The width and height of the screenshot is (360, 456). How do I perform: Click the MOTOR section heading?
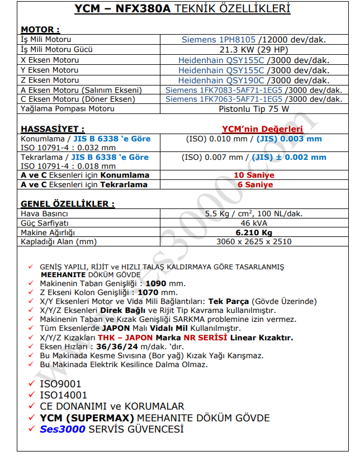(x=40, y=30)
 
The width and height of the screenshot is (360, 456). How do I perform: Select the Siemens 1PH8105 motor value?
(x=219, y=40)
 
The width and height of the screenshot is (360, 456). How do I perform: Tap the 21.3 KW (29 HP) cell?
(x=254, y=50)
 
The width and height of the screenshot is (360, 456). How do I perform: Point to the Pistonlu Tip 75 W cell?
(x=254, y=109)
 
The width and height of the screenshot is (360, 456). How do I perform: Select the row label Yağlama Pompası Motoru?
(x=68, y=109)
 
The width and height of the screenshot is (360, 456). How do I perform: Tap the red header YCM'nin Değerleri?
(x=254, y=129)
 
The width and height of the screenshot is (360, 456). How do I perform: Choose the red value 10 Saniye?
(x=254, y=175)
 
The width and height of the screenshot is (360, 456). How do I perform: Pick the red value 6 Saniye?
(x=254, y=184)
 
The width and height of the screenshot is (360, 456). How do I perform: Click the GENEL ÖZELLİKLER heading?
(x=68, y=204)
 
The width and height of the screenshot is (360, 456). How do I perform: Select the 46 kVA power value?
(x=254, y=222)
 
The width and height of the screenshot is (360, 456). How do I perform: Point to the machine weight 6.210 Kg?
(x=254, y=232)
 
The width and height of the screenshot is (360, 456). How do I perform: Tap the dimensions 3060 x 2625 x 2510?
(x=254, y=242)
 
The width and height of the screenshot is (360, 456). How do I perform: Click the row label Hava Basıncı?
(x=44, y=213)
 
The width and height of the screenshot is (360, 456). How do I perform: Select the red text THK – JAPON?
(x=122, y=338)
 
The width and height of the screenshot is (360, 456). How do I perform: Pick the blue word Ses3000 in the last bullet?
(x=63, y=429)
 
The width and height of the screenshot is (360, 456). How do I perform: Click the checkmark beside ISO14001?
(x=31, y=395)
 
